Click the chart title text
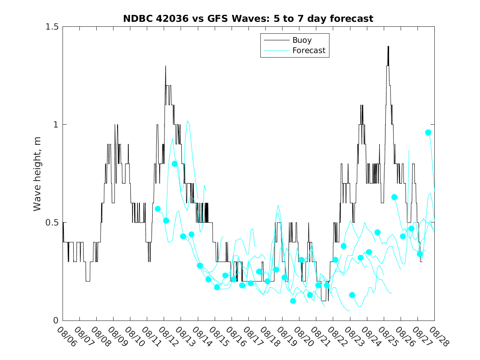(x=248, y=19)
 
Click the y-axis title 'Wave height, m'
(x=37, y=174)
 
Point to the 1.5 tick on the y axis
(x=51, y=27)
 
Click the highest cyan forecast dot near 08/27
(x=428, y=132)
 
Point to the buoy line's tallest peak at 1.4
(x=388, y=46)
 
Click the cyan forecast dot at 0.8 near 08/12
(x=174, y=164)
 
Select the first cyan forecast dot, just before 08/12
(x=158, y=209)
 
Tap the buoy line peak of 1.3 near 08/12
(x=166, y=66)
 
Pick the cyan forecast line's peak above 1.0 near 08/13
(x=188, y=121)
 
